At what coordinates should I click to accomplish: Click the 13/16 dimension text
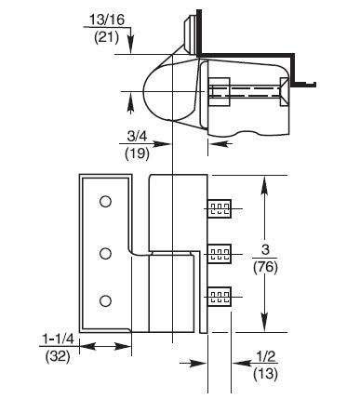[x=107, y=20]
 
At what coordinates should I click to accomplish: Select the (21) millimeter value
[x=106, y=38]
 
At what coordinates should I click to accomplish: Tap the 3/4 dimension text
[x=137, y=136]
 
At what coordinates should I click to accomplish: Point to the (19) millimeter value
[x=137, y=153]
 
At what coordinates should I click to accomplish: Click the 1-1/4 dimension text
[x=58, y=339]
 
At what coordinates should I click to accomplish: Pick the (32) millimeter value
[x=58, y=356]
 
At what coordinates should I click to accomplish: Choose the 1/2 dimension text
[x=266, y=356]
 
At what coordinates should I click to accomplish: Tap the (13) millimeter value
[x=265, y=374]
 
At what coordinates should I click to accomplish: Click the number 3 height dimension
[x=265, y=250]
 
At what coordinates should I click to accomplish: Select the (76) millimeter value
[x=265, y=267]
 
